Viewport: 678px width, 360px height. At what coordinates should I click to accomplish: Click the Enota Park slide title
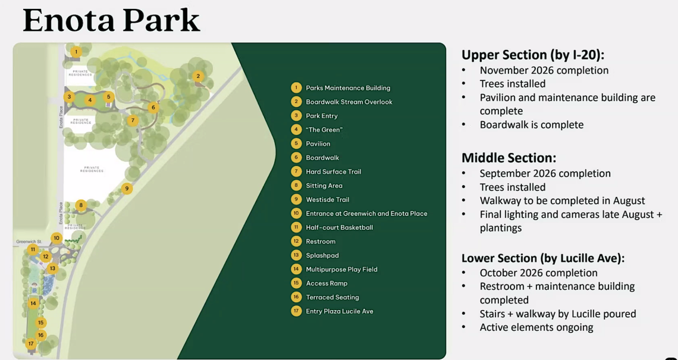pos(111,20)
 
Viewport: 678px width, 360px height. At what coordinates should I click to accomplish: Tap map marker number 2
pos(198,77)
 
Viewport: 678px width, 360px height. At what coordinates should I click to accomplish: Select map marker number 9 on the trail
pos(127,188)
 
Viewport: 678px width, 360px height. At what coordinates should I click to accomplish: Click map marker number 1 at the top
pos(76,52)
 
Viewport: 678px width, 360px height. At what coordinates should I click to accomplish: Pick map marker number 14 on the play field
pos(33,303)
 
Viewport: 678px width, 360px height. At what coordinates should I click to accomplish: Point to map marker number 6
pos(153,107)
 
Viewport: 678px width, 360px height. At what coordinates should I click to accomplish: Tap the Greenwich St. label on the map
pos(29,242)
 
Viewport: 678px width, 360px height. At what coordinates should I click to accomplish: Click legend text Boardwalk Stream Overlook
pos(349,102)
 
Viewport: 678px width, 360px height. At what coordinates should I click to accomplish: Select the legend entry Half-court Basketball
pos(339,227)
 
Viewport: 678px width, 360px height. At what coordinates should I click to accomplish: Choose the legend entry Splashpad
pos(322,255)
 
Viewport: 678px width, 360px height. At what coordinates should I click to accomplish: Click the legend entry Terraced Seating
pos(332,298)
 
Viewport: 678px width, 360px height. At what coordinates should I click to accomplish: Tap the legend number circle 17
pos(296,311)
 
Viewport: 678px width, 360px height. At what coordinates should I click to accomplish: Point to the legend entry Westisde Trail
pos(327,199)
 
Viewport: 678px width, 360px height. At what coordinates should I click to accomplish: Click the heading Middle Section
pos(508,158)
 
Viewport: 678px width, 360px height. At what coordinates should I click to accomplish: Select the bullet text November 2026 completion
pos(544,70)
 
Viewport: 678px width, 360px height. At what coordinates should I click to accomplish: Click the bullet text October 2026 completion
pos(538,273)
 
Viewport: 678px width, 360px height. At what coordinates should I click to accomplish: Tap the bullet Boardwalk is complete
pos(532,124)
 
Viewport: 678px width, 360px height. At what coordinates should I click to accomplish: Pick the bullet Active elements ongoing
pos(536,327)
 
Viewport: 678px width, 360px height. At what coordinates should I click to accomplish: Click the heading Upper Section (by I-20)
pos(533,55)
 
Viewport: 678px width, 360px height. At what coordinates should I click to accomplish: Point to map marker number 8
pos(80,205)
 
